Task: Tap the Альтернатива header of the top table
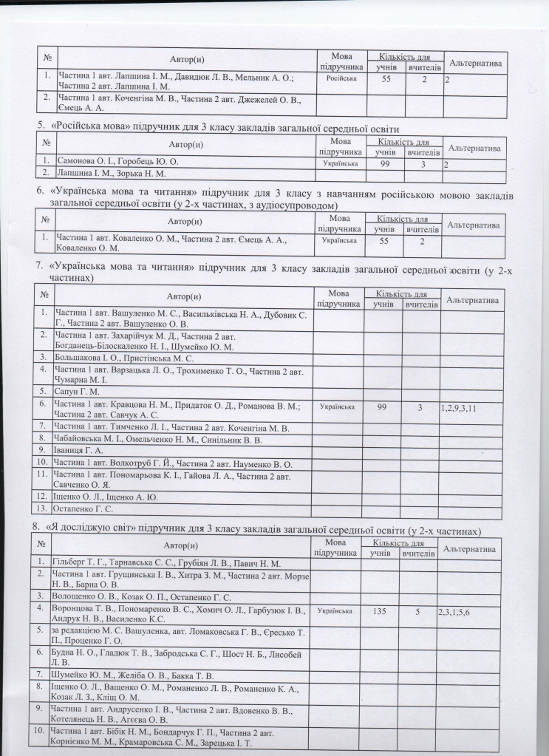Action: pyautogui.click(x=477, y=63)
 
